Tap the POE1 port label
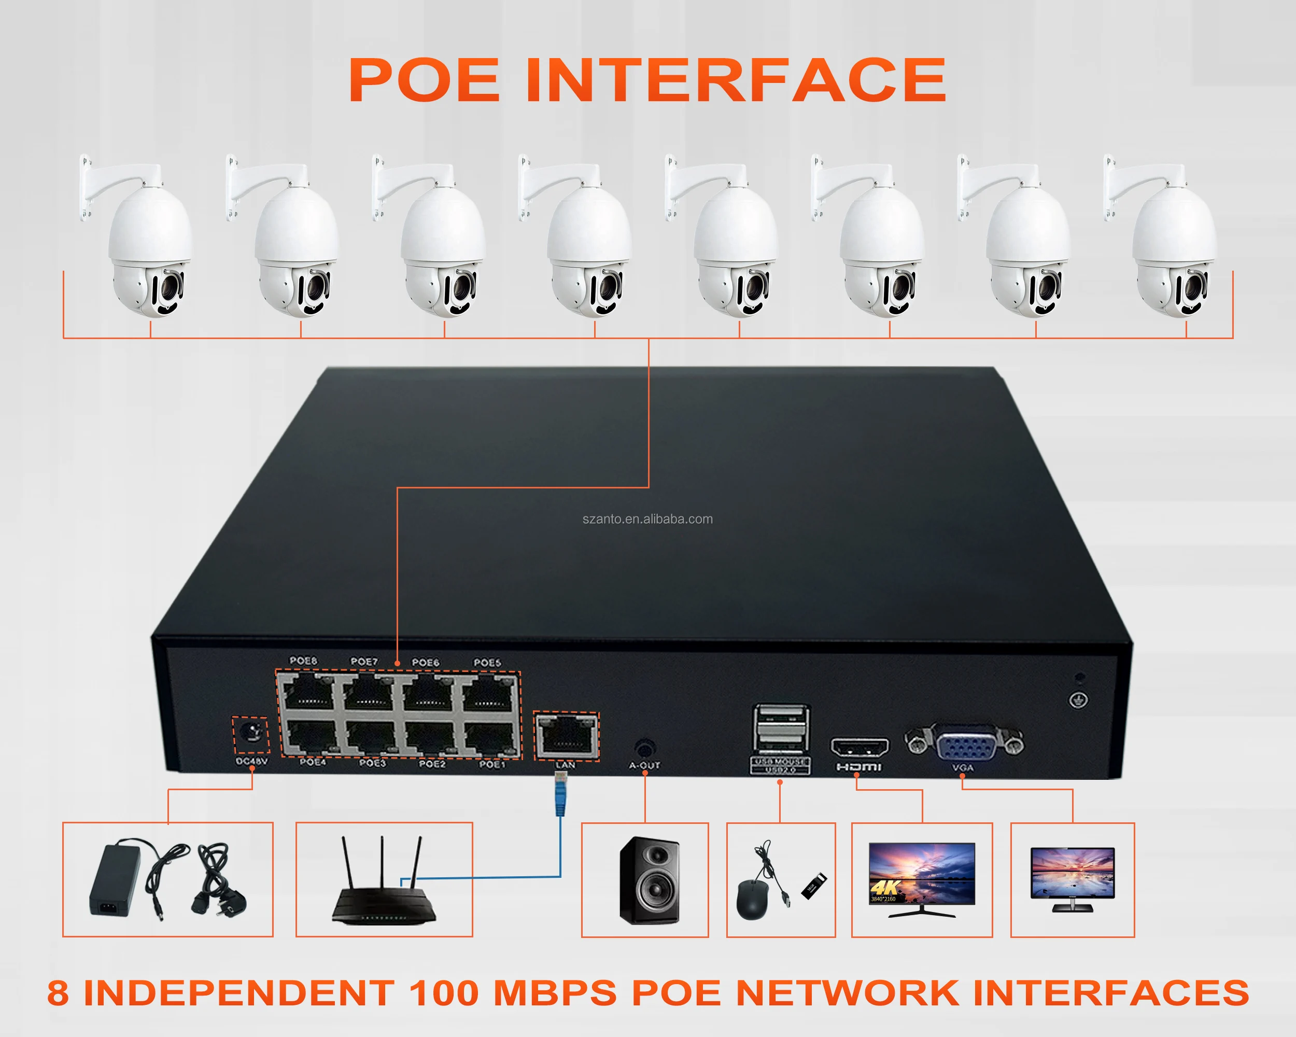492,764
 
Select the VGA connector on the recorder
965,746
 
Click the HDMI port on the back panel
859,747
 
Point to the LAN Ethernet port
566,737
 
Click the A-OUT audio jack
644,749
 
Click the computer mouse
751,899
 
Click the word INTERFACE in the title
736,80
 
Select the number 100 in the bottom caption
444,992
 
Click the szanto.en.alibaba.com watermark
647,520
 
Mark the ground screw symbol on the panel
1078,700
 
